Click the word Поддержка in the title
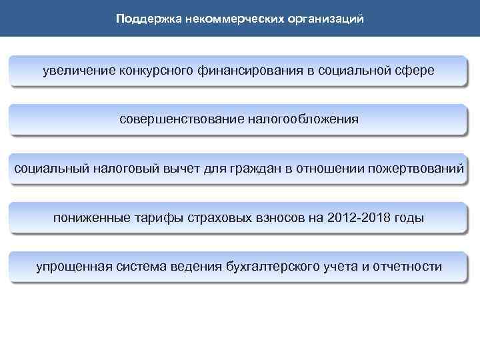click(142, 19)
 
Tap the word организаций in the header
click(327, 19)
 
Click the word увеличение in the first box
click(79, 70)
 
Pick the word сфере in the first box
click(417, 70)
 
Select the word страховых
click(206, 217)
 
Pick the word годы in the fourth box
click(409, 217)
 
